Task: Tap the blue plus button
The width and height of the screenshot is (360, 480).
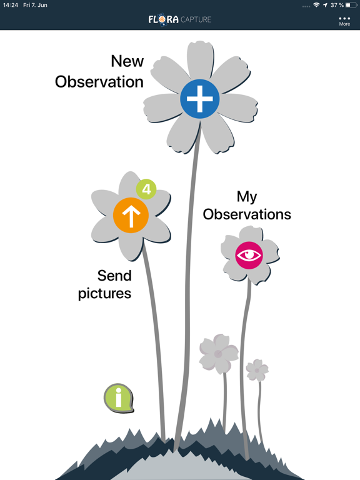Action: pos(199,99)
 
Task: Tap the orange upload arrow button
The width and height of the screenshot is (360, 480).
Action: pos(131,215)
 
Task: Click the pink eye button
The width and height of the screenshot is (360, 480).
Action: pos(249,255)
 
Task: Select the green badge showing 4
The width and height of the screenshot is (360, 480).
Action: pos(146,189)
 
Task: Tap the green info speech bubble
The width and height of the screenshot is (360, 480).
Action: pos(119,397)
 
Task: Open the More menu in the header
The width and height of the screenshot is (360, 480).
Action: pos(344,21)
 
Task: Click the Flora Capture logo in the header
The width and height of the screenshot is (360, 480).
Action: pos(180,19)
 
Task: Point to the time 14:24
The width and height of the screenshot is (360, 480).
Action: pos(11,5)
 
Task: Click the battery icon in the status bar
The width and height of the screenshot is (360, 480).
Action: pos(351,5)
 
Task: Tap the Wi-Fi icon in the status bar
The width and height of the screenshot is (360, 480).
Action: pos(316,5)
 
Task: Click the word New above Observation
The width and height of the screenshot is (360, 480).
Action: pos(127,61)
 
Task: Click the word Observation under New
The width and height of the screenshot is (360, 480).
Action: pos(99,82)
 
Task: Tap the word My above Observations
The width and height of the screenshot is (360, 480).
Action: pos(247,197)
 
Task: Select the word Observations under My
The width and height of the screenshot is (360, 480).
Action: pos(247,214)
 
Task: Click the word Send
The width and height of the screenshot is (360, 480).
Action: pos(114,276)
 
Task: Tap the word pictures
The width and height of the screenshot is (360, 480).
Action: pos(105,294)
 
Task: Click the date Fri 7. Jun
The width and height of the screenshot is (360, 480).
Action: pos(35,5)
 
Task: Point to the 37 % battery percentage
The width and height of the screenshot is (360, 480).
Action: pos(337,5)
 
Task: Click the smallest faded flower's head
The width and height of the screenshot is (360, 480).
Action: pos(257,370)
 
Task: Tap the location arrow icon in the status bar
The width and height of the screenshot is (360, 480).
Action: pos(325,5)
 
